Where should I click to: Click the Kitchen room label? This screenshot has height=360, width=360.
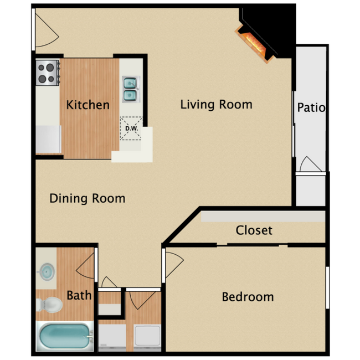pyautogui.click(x=88, y=105)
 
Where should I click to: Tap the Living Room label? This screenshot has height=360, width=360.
pyautogui.click(x=216, y=104)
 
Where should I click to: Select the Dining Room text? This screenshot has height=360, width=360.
pyautogui.click(x=88, y=198)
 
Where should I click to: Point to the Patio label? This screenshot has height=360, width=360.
pyautogui.click(x=311, y=107)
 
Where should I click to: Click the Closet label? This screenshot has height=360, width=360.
pyautogui.click(x=254, y=230)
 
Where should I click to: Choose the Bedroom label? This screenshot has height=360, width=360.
pyautogui.click(x=248, y=297)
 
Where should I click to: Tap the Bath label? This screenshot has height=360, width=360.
pyautogui.click(x=79, y=295)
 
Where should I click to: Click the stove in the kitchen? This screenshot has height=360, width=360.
pyautogui.click(x=48, y=73)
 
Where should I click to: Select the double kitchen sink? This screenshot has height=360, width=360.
pyautogui.click(x=130, y=89)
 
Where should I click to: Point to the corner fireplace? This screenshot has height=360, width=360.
pyautogui.click(x=254, y=42)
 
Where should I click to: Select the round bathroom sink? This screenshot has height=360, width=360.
pyautogui.click(x=47, y=272)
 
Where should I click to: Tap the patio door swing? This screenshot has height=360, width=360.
pyautogui.click(x=310, y=164)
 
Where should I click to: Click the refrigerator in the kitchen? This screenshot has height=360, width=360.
pyautogui.click(x=48, y=138)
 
